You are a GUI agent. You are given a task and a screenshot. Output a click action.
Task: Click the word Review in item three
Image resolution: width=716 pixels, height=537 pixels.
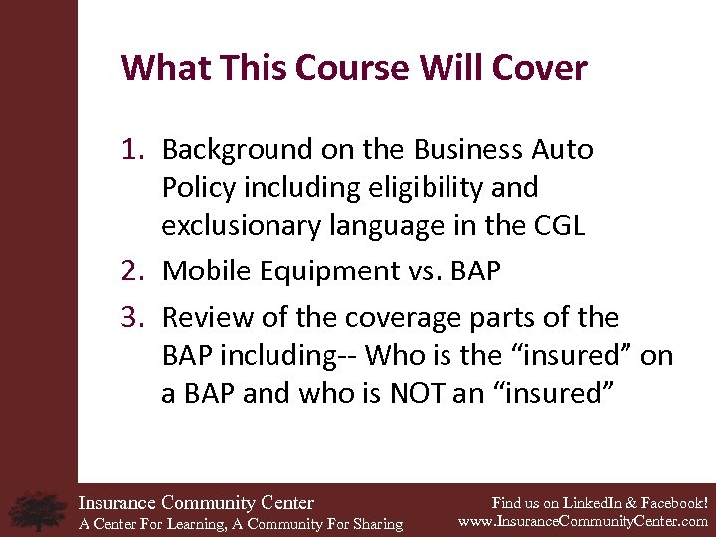point(200,318)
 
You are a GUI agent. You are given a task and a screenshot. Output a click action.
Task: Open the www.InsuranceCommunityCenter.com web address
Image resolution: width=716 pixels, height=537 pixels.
point(583,521)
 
